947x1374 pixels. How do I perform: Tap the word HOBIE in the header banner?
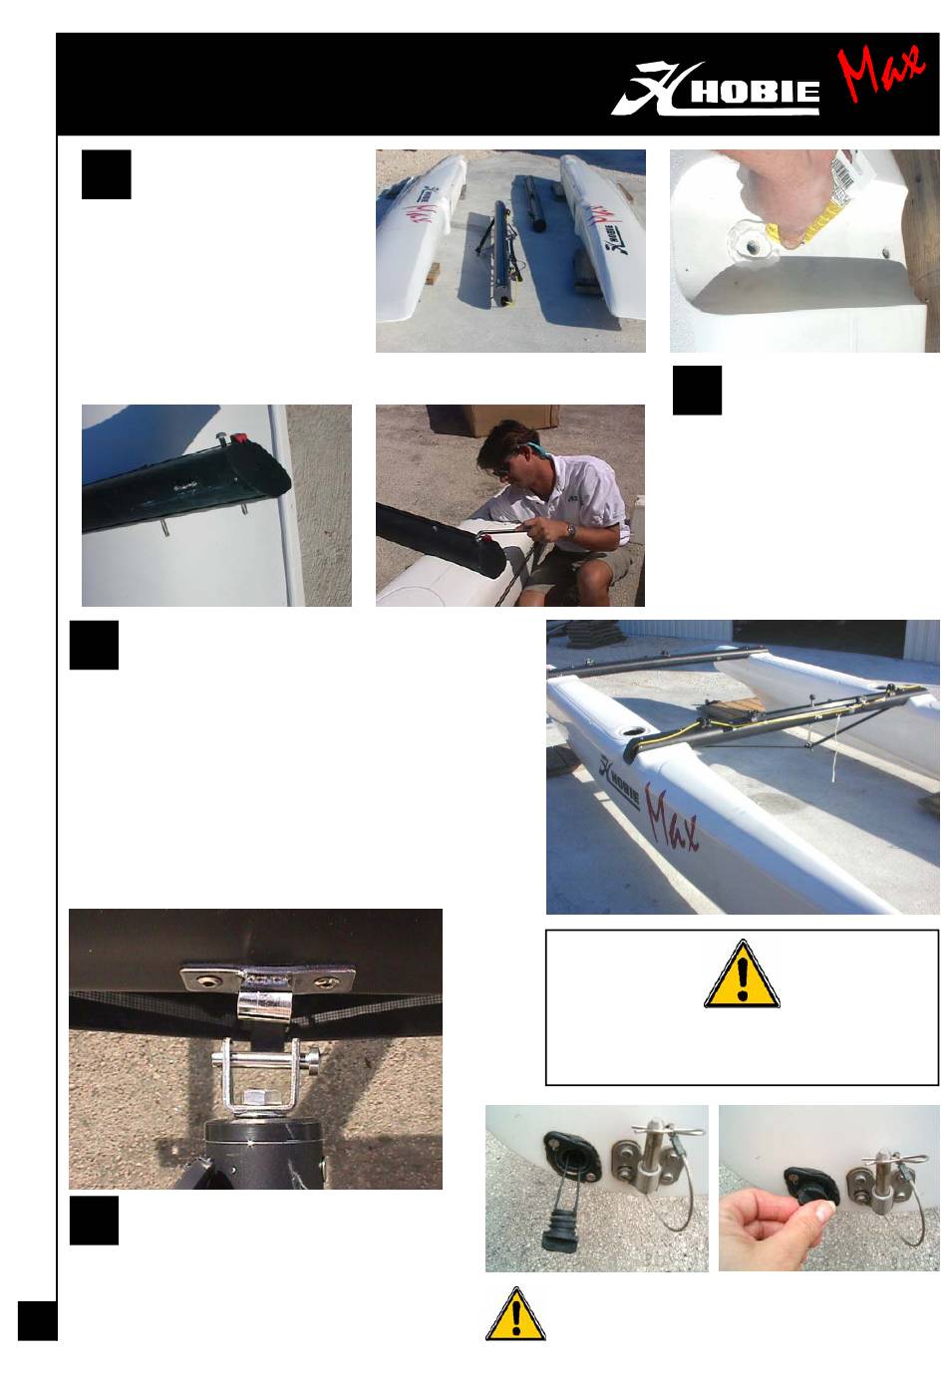(x=755, y=92)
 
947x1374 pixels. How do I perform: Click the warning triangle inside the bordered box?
(x=742, y=973)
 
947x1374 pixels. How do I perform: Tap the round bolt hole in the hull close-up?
(x=753, y=247)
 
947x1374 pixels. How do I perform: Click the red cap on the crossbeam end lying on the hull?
(x=239, y=438)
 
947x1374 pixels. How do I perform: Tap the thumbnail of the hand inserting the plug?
(x=828, y=1188)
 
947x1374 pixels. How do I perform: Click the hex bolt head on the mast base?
(x=255, y=1096)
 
